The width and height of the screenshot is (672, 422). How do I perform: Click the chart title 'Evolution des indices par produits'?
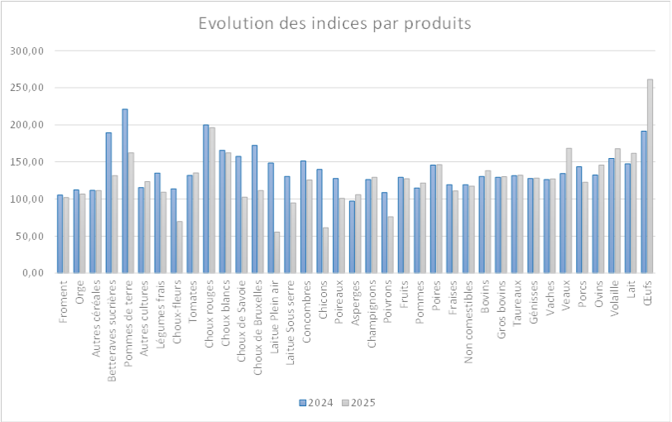click(x=335, y=23)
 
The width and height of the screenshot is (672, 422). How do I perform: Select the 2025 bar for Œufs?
click(x=650, y=176)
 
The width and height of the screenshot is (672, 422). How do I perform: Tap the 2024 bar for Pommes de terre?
click(x=125, y=191)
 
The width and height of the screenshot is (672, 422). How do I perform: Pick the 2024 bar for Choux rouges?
click(x=206, y=199)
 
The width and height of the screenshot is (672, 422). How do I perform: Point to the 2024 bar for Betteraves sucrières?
click(x=108, y=203)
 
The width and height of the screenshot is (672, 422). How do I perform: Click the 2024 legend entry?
click(x=317, y=403)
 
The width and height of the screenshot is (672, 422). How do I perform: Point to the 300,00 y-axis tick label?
click(x=26, y=50)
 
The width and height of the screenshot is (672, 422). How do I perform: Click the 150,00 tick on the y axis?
click(x=26, y=162)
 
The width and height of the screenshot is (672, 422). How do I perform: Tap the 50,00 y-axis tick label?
click(x=30, y=237)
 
